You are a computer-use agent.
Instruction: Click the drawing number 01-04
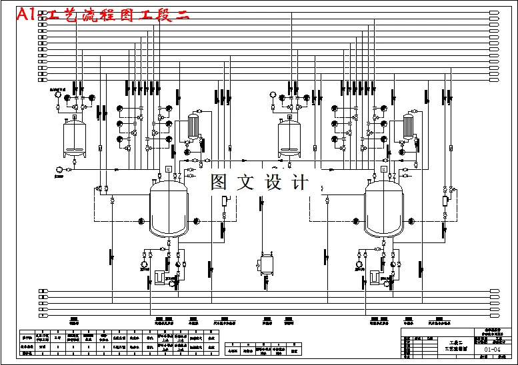492,348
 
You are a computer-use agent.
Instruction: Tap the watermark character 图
221,182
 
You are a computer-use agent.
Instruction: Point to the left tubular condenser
193,125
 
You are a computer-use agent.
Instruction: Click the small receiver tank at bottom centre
267,264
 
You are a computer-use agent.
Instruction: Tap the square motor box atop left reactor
168,169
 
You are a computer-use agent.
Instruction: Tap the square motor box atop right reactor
383,169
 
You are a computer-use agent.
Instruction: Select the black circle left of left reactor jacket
141,221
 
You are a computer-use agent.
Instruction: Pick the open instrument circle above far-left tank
58,95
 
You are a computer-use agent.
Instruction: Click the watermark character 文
247,182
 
